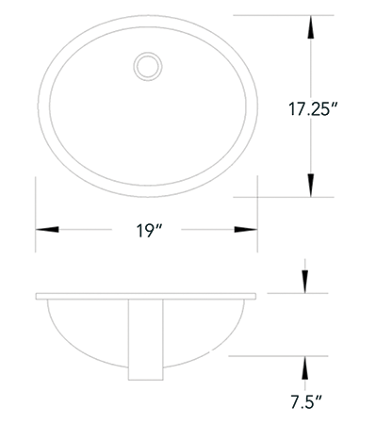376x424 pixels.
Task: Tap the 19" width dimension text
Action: (x=146, y=231)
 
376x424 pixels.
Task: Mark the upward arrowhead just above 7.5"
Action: (x=304, y=369)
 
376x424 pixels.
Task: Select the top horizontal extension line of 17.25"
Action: (x=283, y=16)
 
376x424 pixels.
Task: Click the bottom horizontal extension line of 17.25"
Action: (x=283, y=197)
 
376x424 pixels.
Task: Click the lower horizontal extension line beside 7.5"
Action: (x=278, y=356)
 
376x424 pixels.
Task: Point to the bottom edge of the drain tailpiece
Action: (x=146, y=379)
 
